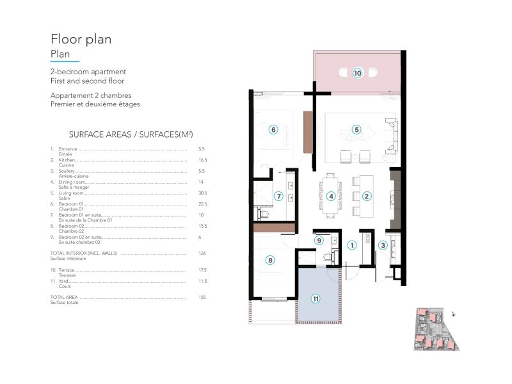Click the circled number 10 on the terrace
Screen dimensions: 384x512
357,73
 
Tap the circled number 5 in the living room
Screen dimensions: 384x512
356,129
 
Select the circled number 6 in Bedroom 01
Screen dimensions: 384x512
273,129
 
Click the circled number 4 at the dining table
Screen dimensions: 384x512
331,196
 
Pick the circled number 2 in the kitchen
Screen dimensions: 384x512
367,196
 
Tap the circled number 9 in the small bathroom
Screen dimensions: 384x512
319,240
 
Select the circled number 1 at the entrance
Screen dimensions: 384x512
351,244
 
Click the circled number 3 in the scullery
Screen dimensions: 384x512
383,244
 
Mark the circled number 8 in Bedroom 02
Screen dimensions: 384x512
271,260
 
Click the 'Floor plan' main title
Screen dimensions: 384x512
81,39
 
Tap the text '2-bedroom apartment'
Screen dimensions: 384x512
88,72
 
